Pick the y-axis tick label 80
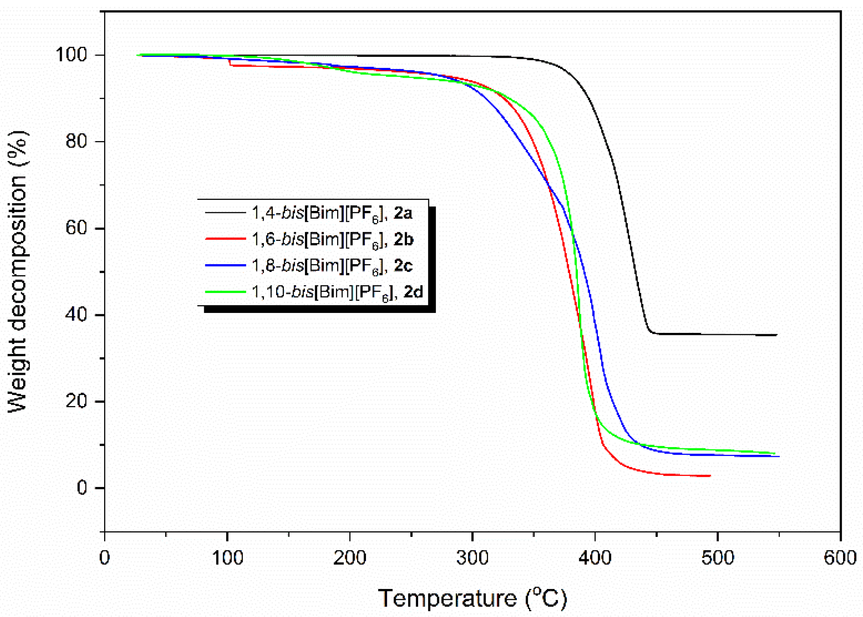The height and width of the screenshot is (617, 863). point(76,141)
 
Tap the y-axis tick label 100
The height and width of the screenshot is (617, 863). point(72,55)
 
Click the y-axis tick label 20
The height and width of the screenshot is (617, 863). point(76,402)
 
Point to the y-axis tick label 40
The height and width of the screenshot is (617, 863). point(76,315)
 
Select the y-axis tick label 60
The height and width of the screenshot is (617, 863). point(76,228)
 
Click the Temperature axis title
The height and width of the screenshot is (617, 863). point(472,598)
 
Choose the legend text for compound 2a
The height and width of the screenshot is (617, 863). point(332,213)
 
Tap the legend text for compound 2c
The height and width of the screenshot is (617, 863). point(332,266)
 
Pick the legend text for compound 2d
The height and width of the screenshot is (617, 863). point(337,292)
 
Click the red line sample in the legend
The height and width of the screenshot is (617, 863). point(225,239)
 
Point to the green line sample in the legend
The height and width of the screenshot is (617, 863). point(225,291)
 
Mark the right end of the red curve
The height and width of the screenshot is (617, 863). point(710,476)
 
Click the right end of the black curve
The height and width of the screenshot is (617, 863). point(776,335)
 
